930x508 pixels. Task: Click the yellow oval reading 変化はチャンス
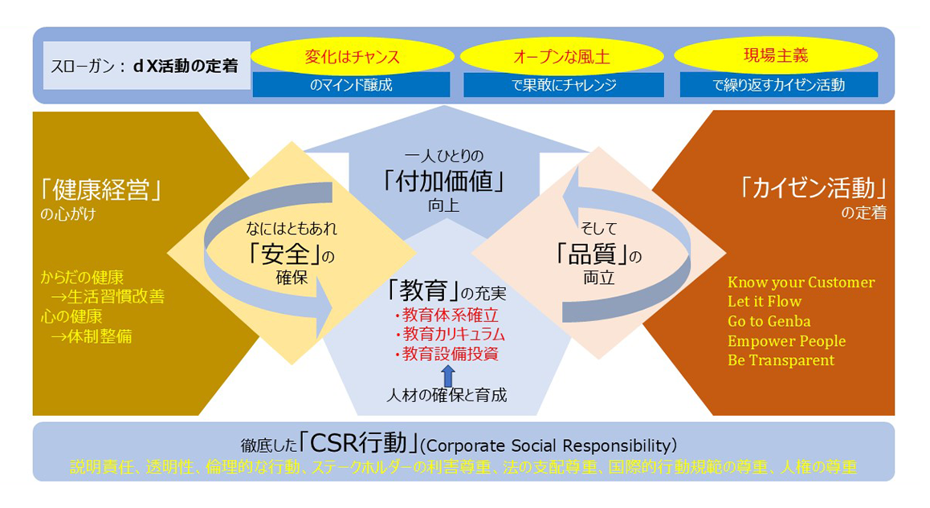[x=353, y=56]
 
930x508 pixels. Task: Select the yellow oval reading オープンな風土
[x=561, y=56]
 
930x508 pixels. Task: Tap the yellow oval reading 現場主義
[x=776, y=55]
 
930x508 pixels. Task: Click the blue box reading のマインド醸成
[x=351, y=85]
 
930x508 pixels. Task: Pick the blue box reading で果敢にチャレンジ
[x=564, y=85]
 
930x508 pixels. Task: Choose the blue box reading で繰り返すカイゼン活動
[x=779, y=85]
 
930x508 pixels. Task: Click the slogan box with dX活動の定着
[x=146, y=66]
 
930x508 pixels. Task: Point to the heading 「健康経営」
[x=101, y=190]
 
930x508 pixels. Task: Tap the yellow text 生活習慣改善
[x=116, y=296]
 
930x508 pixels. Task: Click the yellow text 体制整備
[x=100, y=336]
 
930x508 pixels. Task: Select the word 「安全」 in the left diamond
[x=285, y=254]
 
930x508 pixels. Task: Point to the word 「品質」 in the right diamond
[x=592, y=254]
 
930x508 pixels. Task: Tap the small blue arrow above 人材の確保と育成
[x=448, y=376]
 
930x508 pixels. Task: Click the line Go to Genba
[x=769, y=321]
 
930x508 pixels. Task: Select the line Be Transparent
[x=781, y=360]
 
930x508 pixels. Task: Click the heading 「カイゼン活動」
[x=813, y=188]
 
